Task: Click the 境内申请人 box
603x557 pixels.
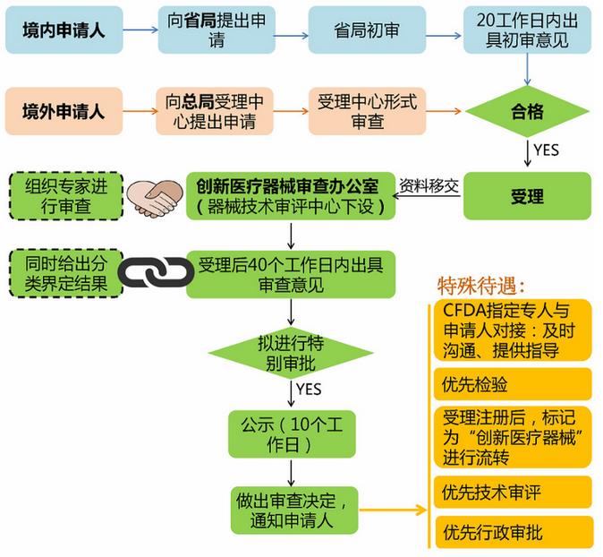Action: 64,30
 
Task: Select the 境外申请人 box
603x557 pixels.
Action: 64,112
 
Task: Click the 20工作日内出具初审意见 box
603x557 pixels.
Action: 527,30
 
